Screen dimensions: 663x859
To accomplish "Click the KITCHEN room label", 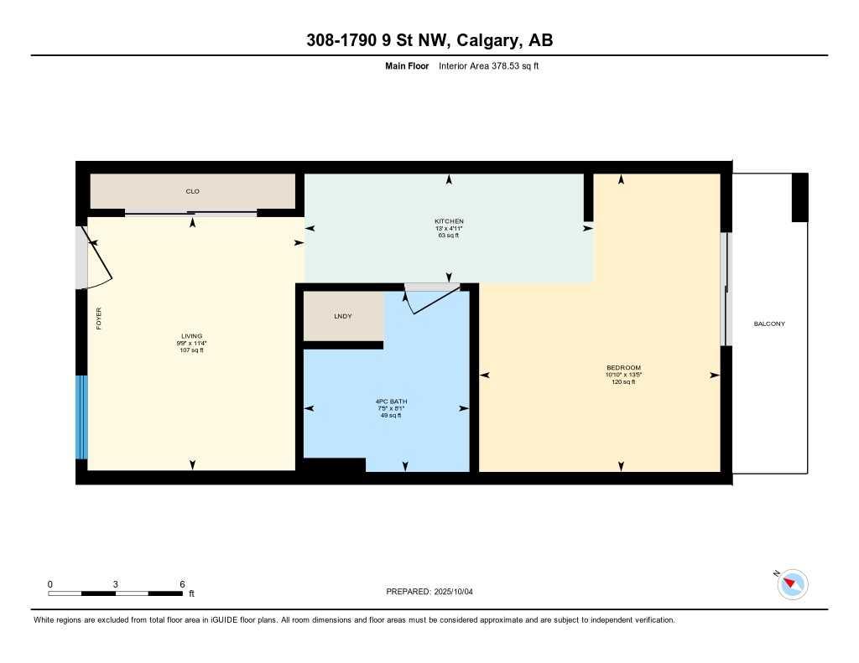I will (x=449, y=221).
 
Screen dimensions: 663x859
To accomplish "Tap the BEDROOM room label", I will (x=623, y=368).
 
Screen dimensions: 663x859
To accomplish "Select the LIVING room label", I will (x=191, y=336).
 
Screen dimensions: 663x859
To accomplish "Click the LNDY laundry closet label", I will (x=342, y=316).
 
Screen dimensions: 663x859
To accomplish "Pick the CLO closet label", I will (x=192, y=191).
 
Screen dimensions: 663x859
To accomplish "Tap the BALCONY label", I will (x=769, y=324).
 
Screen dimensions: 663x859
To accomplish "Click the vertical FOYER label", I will (x=98, y=319).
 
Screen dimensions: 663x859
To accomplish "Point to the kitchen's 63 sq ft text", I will (x=449, y=236).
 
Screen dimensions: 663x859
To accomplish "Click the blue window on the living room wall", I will (x=81, y=417).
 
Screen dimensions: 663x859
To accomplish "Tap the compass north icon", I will (x=793, y=583).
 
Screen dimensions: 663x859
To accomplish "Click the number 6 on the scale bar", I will (x=181, y=584).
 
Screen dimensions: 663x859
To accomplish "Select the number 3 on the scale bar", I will (x=115, y=584).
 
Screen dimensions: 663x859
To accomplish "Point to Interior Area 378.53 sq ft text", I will (x=488, y=65).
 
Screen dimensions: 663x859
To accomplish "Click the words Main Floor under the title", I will (x=407, y=65).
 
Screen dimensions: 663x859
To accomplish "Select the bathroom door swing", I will (x=431, y=299).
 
